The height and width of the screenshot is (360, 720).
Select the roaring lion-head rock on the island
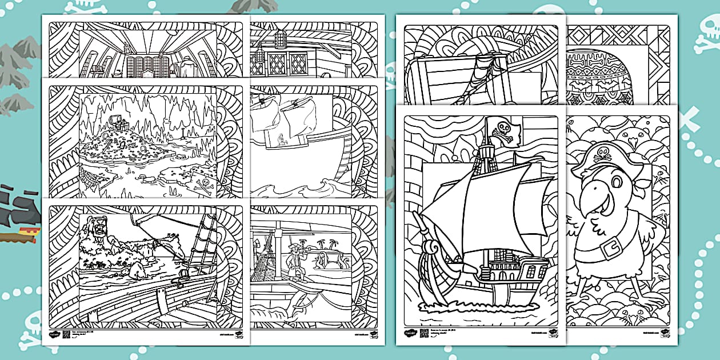coord(94,231)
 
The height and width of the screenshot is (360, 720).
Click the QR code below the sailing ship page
coord(424,333)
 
